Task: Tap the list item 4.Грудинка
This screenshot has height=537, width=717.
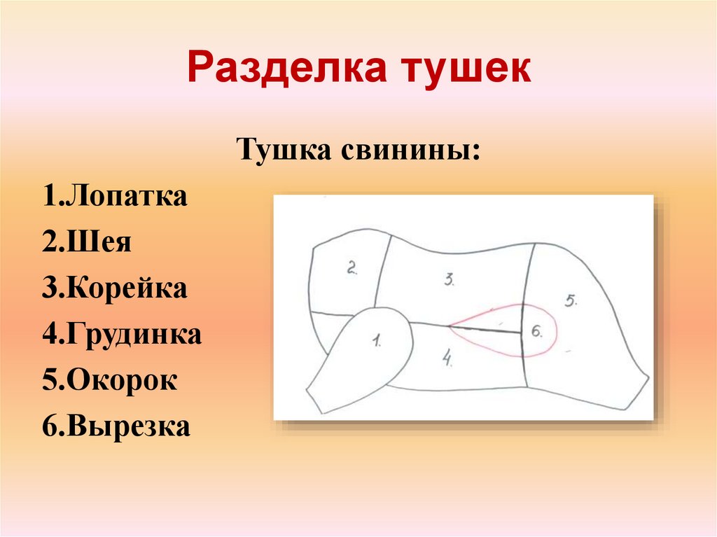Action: [x=122, y=334]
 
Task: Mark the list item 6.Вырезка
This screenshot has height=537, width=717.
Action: [x=116, y=426]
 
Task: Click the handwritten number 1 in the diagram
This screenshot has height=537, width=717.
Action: [x=377, y=342]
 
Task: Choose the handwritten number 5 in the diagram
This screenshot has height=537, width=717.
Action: [x=570, y=300]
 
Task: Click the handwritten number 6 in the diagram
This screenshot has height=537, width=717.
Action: [x=537, y=332]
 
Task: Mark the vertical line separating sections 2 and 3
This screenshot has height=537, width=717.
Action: [x=382, y=273]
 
